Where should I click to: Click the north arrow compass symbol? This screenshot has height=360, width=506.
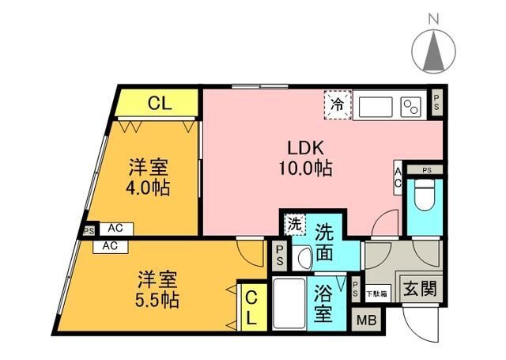pos(434,51)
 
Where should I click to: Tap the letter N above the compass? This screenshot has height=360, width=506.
pos(434,17)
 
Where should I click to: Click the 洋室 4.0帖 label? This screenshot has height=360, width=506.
pos(149,178)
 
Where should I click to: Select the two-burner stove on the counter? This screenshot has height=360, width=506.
pos(412,106)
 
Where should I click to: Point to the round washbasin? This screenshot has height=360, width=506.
pos(304,259)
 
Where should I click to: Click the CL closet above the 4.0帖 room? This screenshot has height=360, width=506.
pos(157,102)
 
